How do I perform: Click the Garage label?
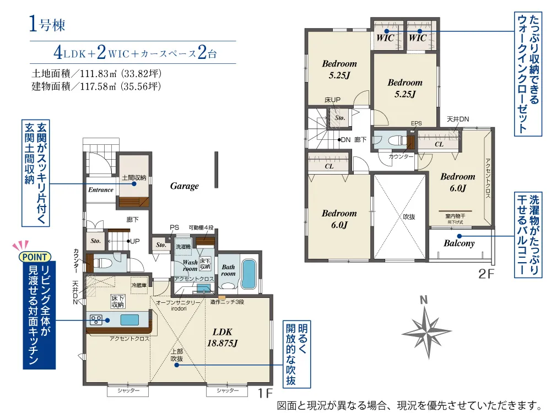point(185,186)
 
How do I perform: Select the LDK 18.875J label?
point(223,338)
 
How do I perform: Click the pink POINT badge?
point(35,257)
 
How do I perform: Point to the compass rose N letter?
point(424,300)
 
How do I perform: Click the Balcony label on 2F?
point(459,243)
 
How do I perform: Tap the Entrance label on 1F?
point(101,189)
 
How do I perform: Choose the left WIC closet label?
point(385,37)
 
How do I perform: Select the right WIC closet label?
point(418,37)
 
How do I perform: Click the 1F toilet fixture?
point(102,263)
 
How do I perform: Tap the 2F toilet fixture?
point(397,141)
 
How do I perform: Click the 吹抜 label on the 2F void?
point(409,217)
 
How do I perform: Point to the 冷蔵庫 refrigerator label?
point(139,285)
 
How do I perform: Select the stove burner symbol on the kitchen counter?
point(96,319)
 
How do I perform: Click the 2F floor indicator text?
point(487,274)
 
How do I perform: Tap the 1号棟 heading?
point(47,24)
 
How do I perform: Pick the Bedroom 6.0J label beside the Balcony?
point(457,182)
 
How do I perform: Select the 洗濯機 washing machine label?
point(183,247)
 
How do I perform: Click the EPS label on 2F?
point(417,123)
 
